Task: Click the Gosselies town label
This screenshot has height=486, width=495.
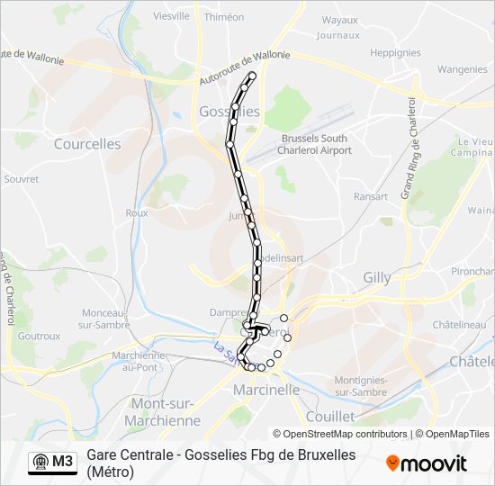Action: (x=227, y=112)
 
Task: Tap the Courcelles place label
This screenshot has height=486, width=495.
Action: (x=87, y=144)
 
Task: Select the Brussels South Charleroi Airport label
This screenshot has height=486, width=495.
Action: (x=316, y=144)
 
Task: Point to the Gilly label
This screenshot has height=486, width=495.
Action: (x=377, y=278)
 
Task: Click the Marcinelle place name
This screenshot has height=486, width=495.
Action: (x=265, y=391)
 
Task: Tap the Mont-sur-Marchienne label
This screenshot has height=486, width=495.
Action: (x=166, y=412)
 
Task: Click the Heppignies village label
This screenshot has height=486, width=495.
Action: (x=395, y=53)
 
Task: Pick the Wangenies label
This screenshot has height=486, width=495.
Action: (x=463, y=69)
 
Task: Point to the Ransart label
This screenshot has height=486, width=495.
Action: (x=371, y=196)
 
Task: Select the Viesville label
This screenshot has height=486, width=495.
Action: (x=171, y=16)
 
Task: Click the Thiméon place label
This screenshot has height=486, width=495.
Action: (x=224, y=17)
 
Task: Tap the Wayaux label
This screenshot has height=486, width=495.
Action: (x=339, y=20)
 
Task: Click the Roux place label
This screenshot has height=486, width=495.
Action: (x=137, y=213)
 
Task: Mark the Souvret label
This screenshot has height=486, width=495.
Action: (x=22, y=179)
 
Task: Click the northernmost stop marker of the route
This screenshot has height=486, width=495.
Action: (x=252, y=76)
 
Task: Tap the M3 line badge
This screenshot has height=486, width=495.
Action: (x=52, y=462)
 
